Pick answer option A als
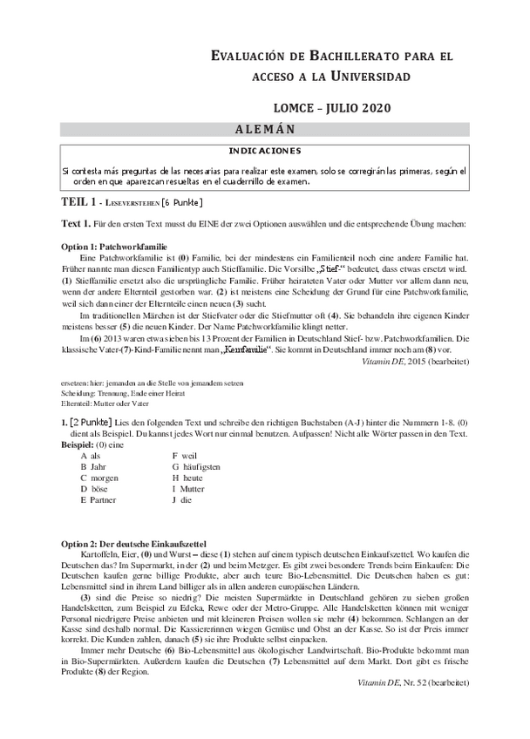point(91,455)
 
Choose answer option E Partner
point(98,500)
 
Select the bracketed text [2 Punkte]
point(92,421)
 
